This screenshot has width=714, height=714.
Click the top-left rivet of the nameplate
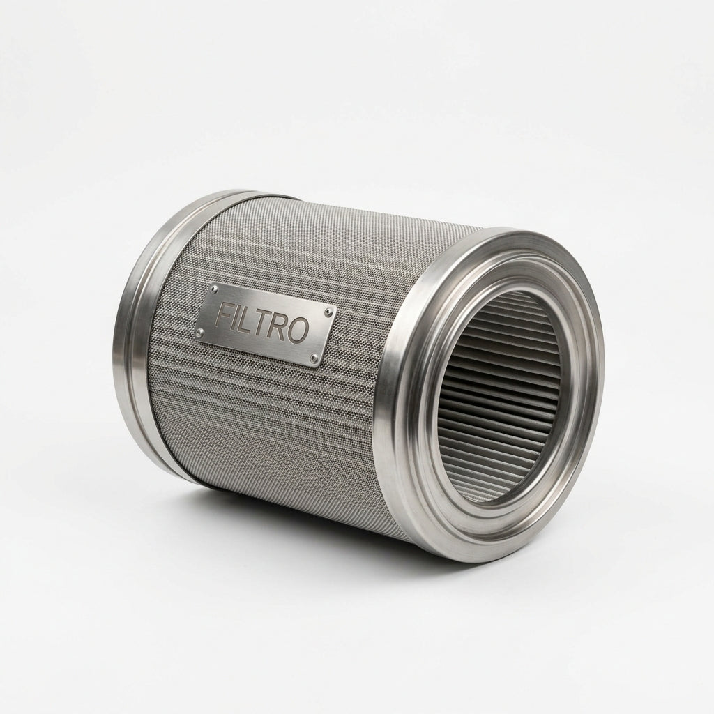(215, 289)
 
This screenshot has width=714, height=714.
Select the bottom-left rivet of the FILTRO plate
(199, 330)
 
